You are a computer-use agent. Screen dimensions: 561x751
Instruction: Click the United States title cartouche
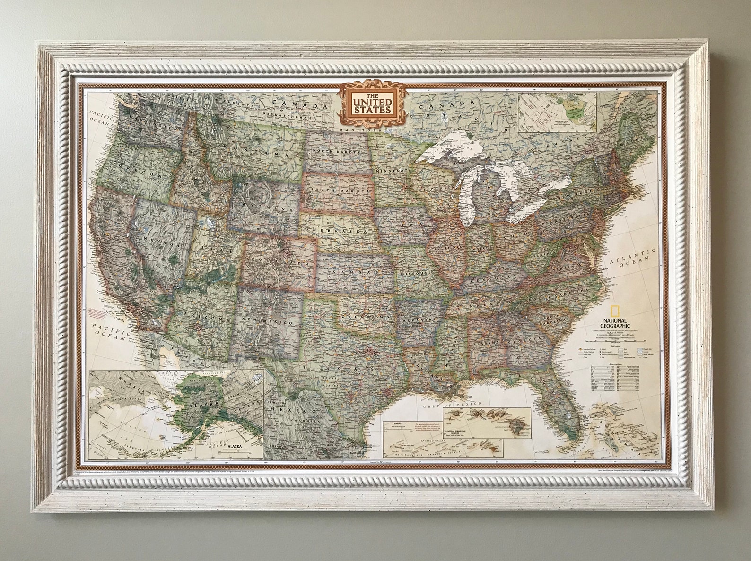coord(372,103)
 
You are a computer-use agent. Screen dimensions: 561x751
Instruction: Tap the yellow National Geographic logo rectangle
coord(614,311)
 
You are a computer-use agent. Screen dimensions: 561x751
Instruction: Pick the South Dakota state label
coord(338,190)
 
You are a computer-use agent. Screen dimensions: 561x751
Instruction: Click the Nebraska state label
coord(339,231)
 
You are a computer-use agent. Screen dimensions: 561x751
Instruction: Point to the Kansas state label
coord(357,273)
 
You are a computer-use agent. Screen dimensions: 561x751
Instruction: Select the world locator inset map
coord(557,112)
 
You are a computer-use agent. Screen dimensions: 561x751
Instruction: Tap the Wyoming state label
coord(264,208)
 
